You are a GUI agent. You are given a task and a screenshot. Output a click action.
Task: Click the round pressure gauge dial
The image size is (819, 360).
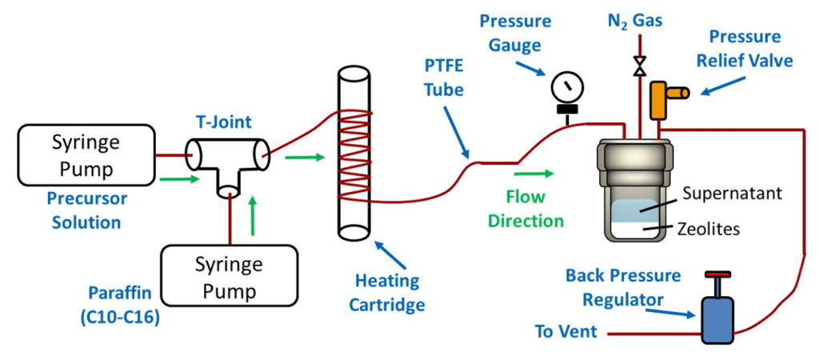coord(567,86)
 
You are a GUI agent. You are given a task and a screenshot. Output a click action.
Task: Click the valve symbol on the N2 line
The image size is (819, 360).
coord(639,66)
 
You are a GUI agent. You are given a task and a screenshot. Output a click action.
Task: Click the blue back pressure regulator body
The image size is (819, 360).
coord(717,318)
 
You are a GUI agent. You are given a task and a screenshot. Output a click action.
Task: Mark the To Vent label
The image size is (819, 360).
coord(565,330)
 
